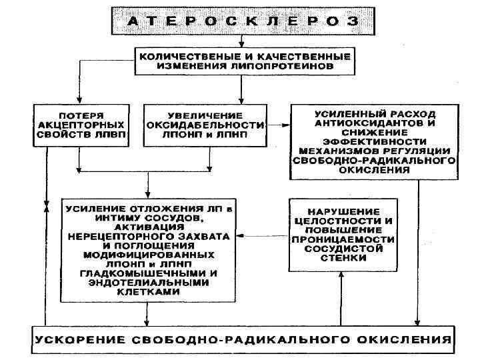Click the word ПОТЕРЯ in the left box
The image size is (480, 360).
point(79,115)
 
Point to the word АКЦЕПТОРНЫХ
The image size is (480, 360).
point(79,125)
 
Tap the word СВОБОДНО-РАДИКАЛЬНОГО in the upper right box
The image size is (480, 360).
point(373,161)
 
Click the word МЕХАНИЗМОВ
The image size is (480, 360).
point(343,151)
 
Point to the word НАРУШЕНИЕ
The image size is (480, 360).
point(342,211)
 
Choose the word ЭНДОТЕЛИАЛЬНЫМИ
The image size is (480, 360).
point(147,282)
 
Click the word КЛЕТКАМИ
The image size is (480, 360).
point(147,291)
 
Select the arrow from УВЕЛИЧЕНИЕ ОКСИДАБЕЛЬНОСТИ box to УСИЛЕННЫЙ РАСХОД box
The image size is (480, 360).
point(279,125)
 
